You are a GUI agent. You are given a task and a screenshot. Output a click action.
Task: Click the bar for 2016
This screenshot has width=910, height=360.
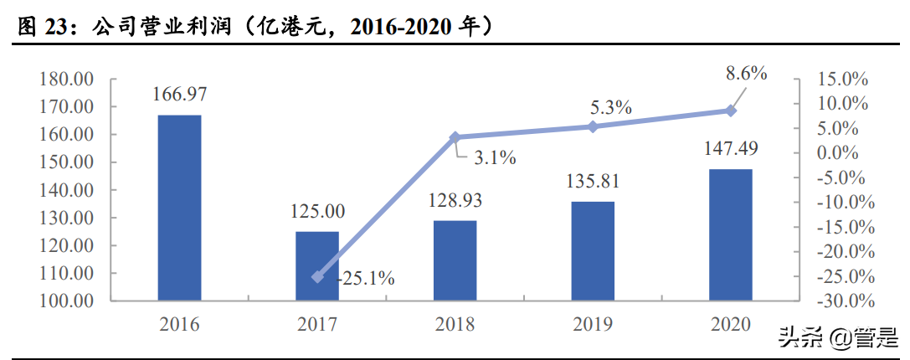coord(180,208)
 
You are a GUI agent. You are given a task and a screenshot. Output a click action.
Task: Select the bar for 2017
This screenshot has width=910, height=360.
coord(318,265)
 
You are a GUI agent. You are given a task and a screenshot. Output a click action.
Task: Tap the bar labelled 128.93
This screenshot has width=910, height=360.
coord(455,260)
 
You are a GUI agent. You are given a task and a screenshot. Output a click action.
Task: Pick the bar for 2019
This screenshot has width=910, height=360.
coord(594,250)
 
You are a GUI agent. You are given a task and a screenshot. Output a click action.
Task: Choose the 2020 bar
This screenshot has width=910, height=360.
coord(731,234)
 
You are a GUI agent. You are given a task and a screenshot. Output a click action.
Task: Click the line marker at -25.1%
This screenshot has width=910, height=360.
coord(318,276)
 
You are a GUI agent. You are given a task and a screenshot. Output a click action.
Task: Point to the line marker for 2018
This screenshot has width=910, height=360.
coord(455,137)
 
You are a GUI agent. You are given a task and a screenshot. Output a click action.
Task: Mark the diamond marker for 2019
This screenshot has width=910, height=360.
coord(594,126)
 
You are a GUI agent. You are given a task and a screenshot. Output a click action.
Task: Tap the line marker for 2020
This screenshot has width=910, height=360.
coord(731,111)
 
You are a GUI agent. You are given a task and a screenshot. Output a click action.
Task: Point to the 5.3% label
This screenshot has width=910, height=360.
coord(610,107)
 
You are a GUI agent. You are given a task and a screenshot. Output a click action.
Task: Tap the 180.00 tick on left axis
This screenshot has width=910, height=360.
coord(66,80)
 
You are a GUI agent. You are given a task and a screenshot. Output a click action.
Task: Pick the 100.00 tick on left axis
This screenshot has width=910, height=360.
coord(66,301)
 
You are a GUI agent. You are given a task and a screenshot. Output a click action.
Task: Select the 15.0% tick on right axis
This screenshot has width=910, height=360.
coord(843,80)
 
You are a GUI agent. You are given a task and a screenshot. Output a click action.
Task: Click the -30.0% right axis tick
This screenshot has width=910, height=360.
coord(841,301)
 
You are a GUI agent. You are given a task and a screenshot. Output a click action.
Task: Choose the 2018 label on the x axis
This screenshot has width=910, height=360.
coord(455,325)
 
